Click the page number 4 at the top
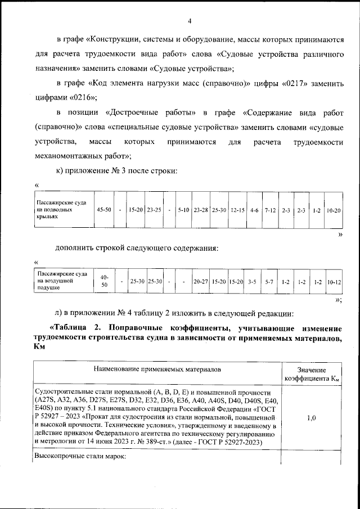click(190, 21)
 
